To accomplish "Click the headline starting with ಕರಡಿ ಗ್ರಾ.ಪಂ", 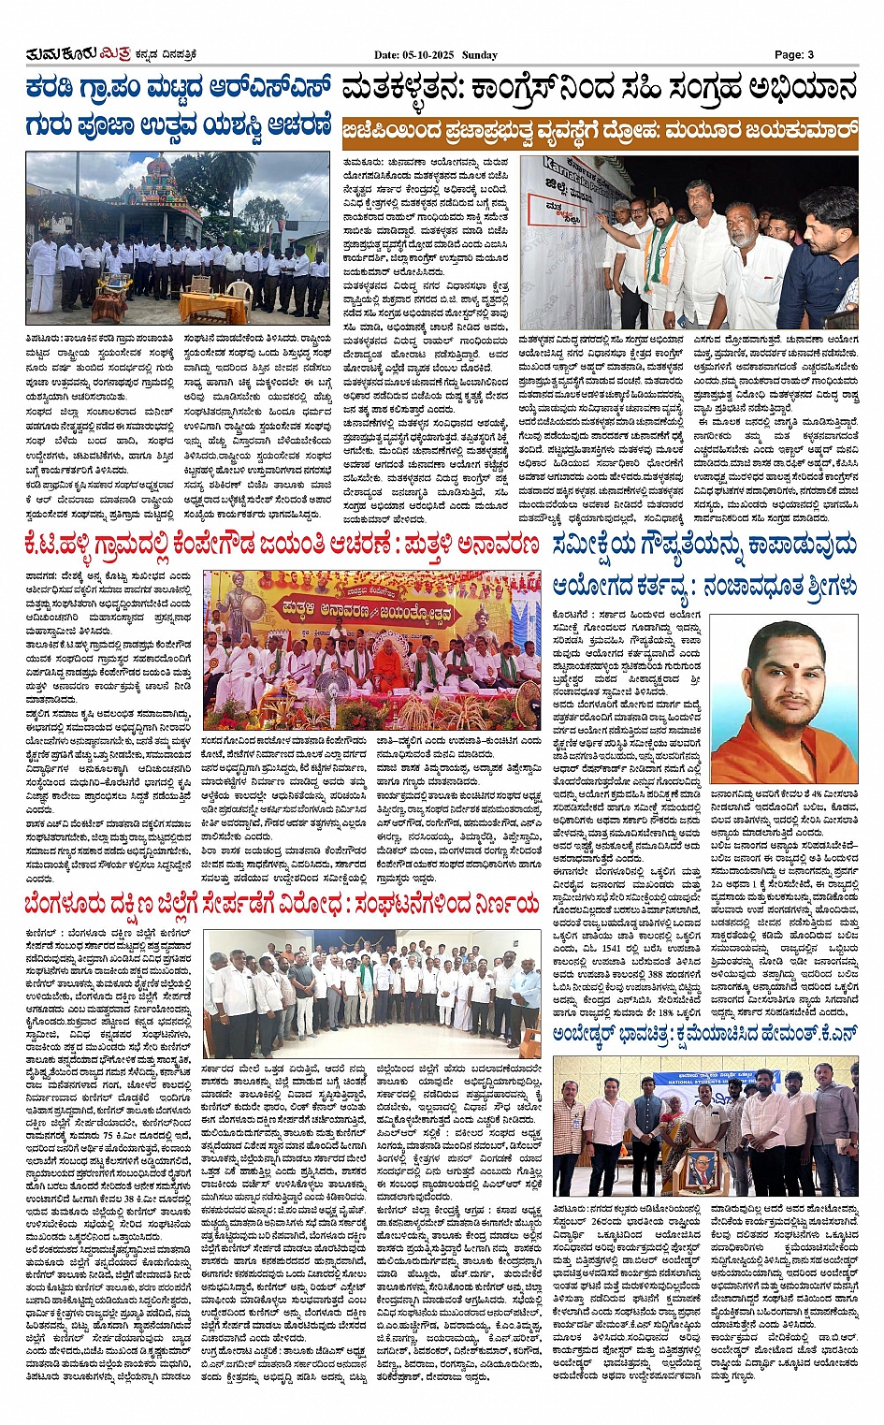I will [178, 90].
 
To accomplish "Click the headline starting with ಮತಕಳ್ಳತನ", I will [599, 90].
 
